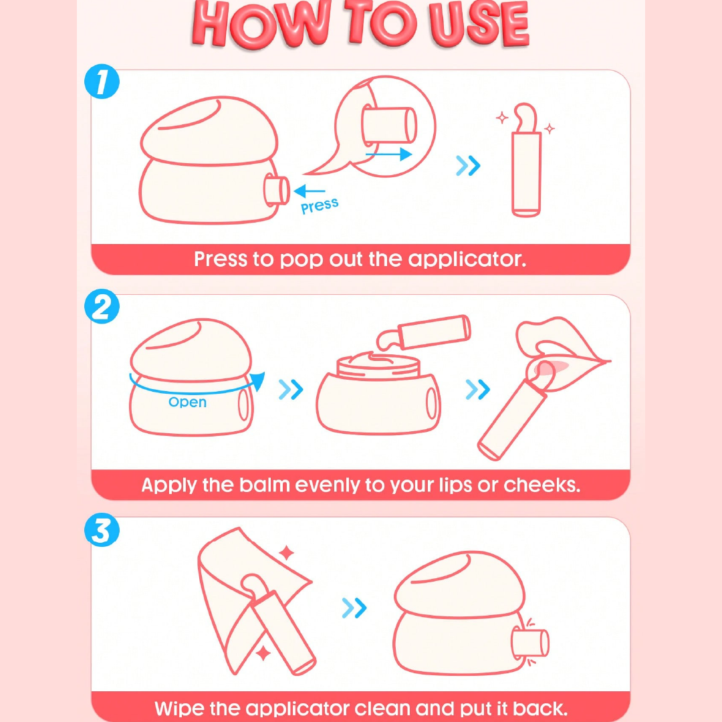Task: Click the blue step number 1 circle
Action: pyautogui.click(x=102, y=82)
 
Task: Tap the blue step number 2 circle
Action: pyautogui.click(x=102, y=306)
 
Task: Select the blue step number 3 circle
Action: pyautogui.click(x=102, y=530)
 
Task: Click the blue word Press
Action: pyautogui.click(x=320, y=206)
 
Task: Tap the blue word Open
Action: pyautogui.click(x=187, y=402)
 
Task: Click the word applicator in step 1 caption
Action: pyautogui.click(x=467, y=259)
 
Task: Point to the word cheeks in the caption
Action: pyautogui.click(x=542, y=485)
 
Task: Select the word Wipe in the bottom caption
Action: pyautogui.click(x=179, y=708)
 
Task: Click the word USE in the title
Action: pyautogui.click(x=479, y=25)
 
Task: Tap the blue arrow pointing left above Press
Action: pyautogui.click(x=309, y=191)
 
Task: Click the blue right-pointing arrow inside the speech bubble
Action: pyautogui.click(x=388, y=154)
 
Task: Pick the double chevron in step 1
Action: pyautogui.click(x=468, y=166)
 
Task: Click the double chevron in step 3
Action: pyautogui.click(x=354, y=608)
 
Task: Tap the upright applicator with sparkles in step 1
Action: pyautogui.click(x=526, y=160)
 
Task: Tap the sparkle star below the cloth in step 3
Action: pyautogui.click(x=263, y=653)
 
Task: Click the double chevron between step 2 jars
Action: pyautogui.click(x=291, y=390)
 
